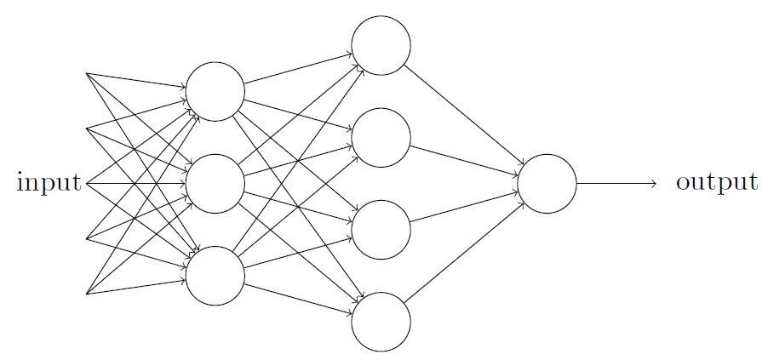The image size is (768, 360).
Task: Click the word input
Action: [49, 182]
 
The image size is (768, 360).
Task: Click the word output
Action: [717, 182]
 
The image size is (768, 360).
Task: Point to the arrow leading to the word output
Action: [616, 184]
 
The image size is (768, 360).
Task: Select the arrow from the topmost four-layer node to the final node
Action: [464, 115]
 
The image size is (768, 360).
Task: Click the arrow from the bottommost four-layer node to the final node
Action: [464, 253]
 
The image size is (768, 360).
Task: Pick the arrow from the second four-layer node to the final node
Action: [464, 161]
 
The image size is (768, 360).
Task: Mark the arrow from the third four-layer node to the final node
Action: [464, 207]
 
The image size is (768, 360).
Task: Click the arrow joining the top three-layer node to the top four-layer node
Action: [298, 69]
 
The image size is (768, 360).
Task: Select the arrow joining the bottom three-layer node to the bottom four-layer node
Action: [298, 299]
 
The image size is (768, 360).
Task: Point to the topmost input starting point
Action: [87, 73]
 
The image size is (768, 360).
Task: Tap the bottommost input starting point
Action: [87, 294]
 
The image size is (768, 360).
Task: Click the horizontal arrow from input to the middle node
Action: [135, 184]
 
